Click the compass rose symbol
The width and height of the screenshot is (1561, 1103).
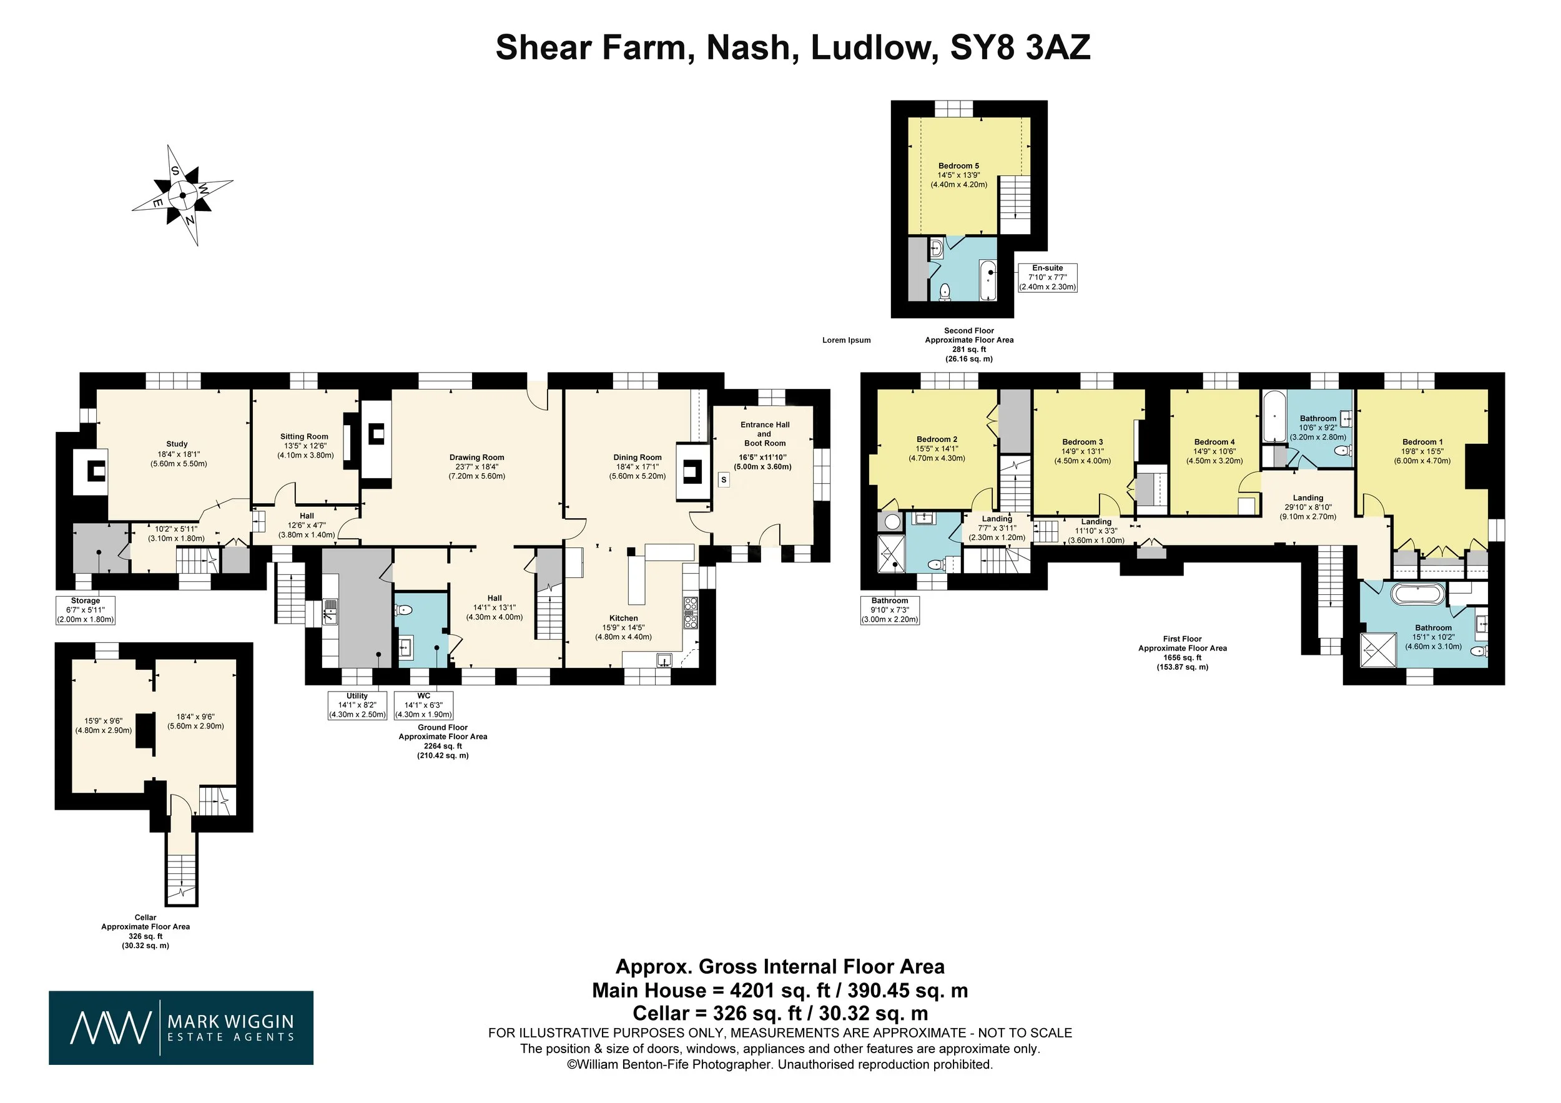click(182, 195)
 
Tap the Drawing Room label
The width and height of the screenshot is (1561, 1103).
click(476, 458)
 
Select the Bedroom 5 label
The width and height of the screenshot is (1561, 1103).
click(958, 166)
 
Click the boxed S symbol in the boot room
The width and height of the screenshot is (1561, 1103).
click(724, 480)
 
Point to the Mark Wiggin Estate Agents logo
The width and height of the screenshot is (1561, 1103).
click(181, 1027)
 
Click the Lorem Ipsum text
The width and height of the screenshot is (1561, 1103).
click(846, 340)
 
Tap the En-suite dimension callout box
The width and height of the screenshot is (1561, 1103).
click(1047, 277)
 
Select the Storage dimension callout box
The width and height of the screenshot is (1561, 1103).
click(86, 610)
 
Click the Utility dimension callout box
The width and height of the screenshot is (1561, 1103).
click(357, 705)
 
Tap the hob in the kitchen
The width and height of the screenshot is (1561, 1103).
click(690, 613)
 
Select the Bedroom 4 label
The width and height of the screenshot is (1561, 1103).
click(1214, 442)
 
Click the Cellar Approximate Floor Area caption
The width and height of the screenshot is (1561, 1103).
click(145, 931)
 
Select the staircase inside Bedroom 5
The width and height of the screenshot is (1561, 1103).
click(1015, 197)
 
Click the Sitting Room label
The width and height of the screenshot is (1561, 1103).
click(304, 437)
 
